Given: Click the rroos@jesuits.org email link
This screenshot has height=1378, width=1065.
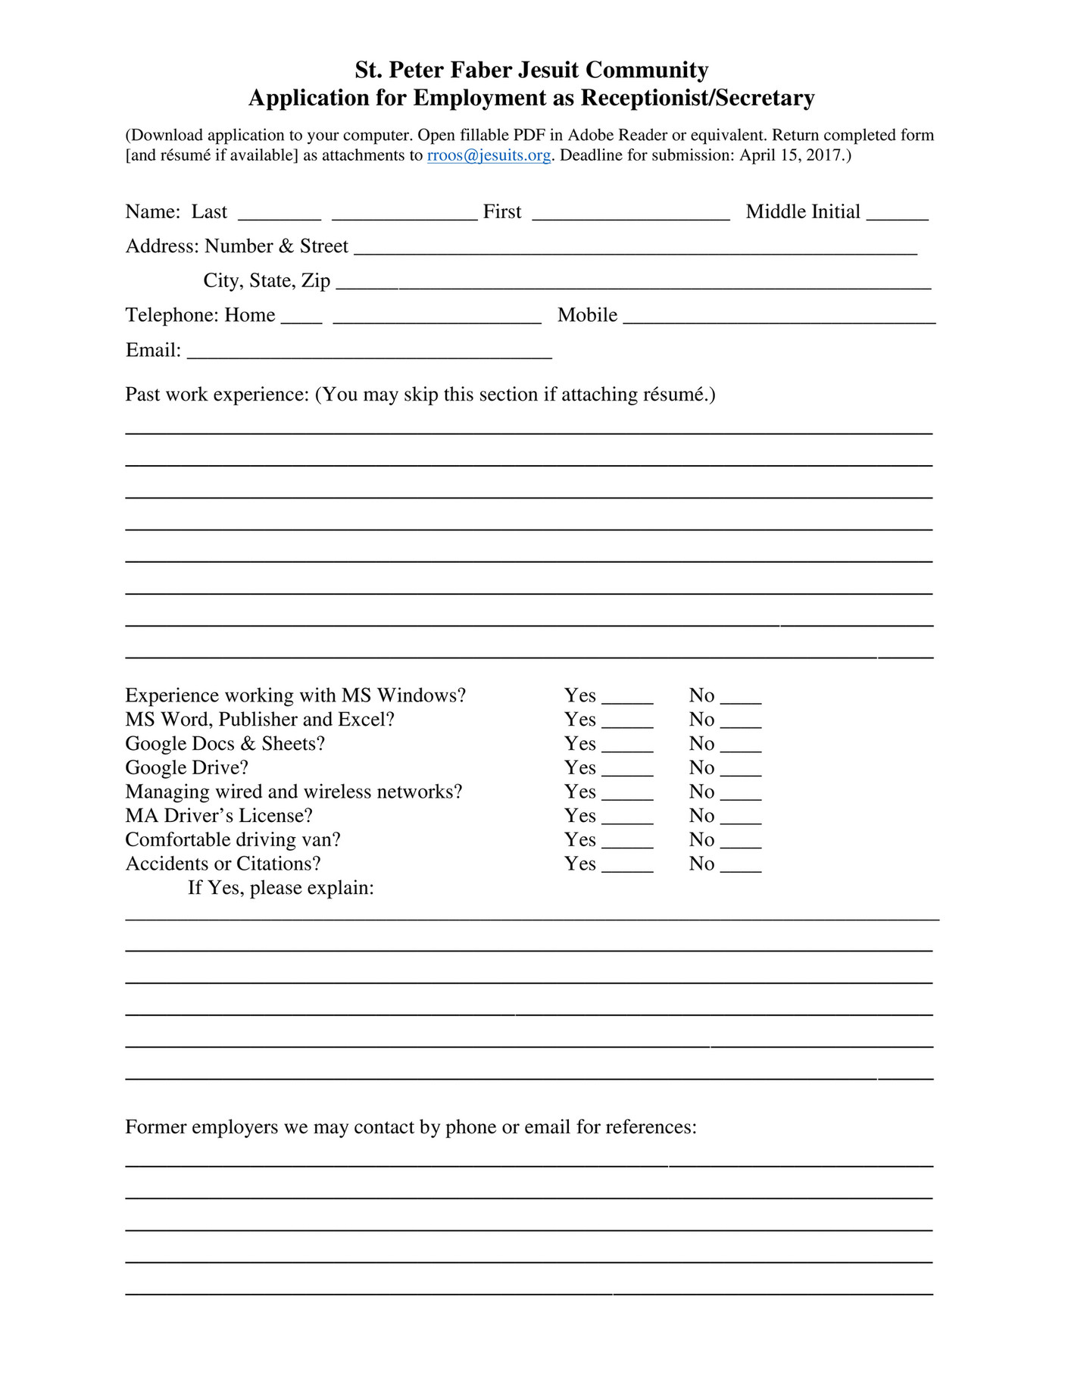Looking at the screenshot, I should pyautogui.click(x=489, y=155).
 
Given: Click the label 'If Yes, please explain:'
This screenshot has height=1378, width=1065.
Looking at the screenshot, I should pyautogui.click(x=281, y=888).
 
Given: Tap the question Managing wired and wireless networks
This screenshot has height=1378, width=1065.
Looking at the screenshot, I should pyautogui.click(x=293, y=792).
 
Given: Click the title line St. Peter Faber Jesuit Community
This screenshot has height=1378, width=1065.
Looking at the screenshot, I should pyautogui.click(x=531, y=70).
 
